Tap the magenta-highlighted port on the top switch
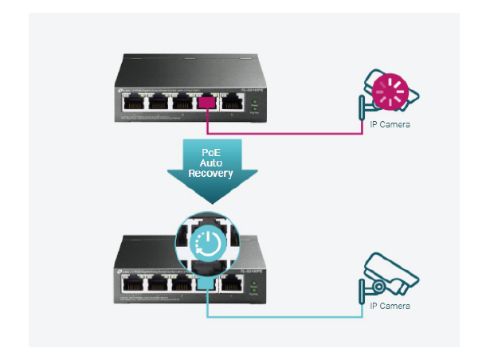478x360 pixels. coord(208,102)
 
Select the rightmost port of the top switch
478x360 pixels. coord(233,102)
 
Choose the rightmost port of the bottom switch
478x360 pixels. coord(233,281)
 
